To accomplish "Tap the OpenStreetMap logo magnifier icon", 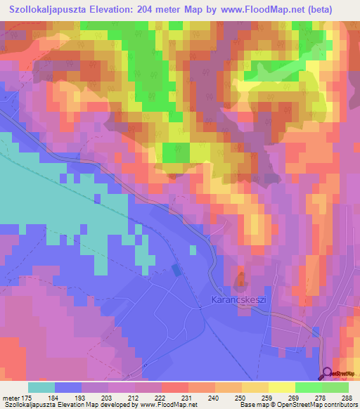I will tap(328, 374).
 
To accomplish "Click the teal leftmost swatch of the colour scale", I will tap(41, 387).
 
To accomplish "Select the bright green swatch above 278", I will tap(308, 387).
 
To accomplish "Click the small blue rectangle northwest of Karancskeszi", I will tap(175, 271).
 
